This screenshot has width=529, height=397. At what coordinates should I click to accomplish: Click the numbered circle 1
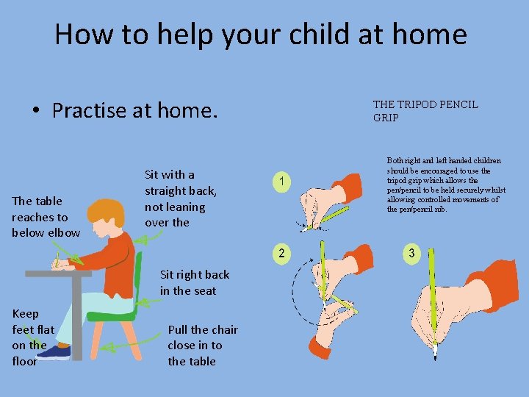pyautogui.click(x=281, y=182)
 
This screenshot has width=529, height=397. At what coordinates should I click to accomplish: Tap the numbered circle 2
pyautogui.click(x=281, y=253)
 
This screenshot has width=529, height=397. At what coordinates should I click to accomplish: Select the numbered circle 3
pyautogui.click(x=411, y=253)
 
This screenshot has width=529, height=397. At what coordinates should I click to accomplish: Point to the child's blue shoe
pyautogui.click(x=54, y=353)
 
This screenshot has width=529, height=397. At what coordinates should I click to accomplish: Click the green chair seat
pyautogui.click(x=112, y=316)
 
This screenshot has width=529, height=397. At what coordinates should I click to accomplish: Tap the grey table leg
pyautogui.click(x=76, y=318)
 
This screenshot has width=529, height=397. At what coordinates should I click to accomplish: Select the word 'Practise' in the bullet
pyautogui.click(x=89, y=110)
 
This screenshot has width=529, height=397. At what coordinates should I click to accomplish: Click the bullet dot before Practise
pyautogui.click(x=36, y=110)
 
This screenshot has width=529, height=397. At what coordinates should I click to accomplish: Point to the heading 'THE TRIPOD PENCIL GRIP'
pyautogui.click(x=425, y=111)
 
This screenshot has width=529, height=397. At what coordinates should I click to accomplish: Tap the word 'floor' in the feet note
pyautogui.click(x=25, y=361)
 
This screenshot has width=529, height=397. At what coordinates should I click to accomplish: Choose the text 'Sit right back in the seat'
pyautogui.click(x=195, y=282)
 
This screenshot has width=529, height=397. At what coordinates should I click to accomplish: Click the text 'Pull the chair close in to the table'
pyautogui.click(x=203, y=346)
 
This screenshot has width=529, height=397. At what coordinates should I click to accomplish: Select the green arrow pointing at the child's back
pyautogui.click(x=148, y=238)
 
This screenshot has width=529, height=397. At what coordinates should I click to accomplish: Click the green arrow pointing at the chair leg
pyautogui.click(x=130, y=343)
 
